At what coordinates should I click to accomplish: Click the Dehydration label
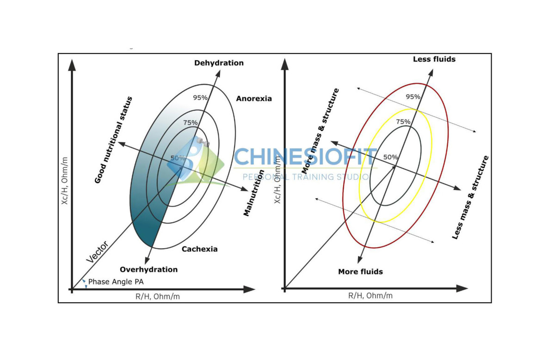coord(219,63)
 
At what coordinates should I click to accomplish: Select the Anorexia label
coord(254,98)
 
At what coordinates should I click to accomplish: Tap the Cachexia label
coord(199,249)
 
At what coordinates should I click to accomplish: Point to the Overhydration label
coord(148,269)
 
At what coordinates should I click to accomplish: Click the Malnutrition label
coord(253,193)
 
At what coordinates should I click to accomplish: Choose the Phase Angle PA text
coord(116,282)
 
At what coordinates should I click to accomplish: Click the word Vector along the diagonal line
coord(98,251)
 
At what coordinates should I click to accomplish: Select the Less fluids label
coord(434,59)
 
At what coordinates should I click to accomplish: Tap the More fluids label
coord(360,272)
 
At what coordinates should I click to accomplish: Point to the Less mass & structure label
coord(470,197)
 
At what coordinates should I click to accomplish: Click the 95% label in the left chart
coord(200,98)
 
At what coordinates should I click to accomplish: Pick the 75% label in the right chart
coord(403,122)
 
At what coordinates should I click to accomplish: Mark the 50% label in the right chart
coord(390,157)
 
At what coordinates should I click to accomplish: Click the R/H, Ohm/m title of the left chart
coord(158,296)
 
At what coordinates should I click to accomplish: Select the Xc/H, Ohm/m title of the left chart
coord(64,181)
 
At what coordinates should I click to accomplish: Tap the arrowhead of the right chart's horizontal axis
coord(462,288)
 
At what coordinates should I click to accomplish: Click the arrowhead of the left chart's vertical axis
coord(72,65)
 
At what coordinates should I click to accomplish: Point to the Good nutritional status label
coord(113,140)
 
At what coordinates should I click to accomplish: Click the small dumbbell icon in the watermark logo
coord(203,142)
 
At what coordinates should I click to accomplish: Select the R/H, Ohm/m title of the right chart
coord(370,295)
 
